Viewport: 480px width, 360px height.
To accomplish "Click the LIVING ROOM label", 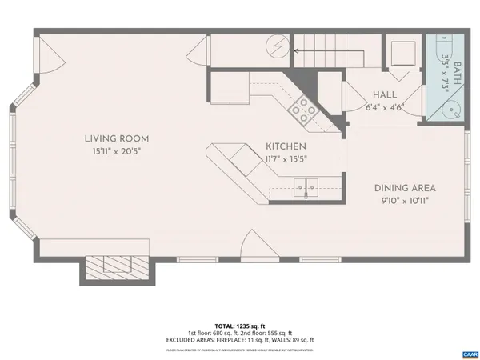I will point(117,138).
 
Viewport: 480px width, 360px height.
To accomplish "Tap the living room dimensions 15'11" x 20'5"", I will point(117,150).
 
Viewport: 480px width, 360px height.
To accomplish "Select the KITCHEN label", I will point(286,146).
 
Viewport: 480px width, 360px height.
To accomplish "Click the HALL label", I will point(385,94).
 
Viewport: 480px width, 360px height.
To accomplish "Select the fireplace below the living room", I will point(115,266).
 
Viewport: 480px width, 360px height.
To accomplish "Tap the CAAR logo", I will point(468,353).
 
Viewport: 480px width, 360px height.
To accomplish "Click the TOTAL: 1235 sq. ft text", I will point(240,326).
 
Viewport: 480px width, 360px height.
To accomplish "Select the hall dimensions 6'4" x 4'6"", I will point(385,106).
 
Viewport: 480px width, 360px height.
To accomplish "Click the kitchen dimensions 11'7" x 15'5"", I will point(286,158).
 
